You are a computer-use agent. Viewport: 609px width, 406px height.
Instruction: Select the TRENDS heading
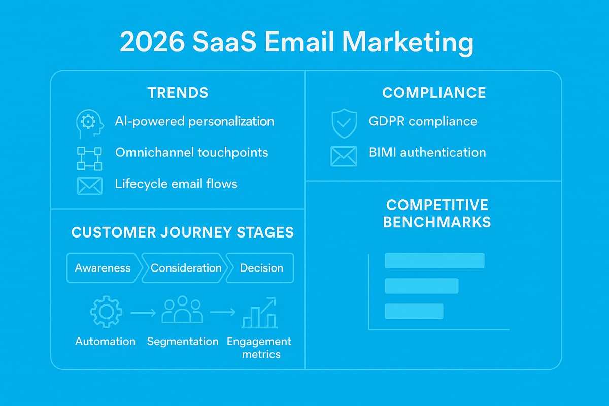click(178, 93)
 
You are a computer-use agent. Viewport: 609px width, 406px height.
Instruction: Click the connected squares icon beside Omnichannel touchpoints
click(89, 158)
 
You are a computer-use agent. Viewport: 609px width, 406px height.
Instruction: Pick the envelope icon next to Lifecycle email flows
click(90, 186)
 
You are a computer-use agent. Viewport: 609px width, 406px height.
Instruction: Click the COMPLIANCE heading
click(434, 93)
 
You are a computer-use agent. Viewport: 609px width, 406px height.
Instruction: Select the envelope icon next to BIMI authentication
click(344, 156)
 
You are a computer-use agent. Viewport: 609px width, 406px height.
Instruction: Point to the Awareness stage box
click(103, 268)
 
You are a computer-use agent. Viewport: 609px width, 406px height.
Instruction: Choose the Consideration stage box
click(186, 268)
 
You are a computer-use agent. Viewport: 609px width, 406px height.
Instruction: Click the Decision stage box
click(261, 268)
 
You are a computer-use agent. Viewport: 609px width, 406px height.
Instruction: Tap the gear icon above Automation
click(106, 312)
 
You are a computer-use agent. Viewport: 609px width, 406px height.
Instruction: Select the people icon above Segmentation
click(182, 311)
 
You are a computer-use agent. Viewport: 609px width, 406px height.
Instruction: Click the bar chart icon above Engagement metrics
click(259, 313)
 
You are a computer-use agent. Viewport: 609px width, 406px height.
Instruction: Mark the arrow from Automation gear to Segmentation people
click(144, 313)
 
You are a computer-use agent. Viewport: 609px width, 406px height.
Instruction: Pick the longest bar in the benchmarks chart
click(434, 260)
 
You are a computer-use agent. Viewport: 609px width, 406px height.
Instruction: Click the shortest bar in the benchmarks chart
click(414, 311)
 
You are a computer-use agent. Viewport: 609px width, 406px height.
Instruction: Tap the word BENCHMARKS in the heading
click(437, 222)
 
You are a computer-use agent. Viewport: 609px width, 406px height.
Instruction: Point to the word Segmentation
click(183, 342)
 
